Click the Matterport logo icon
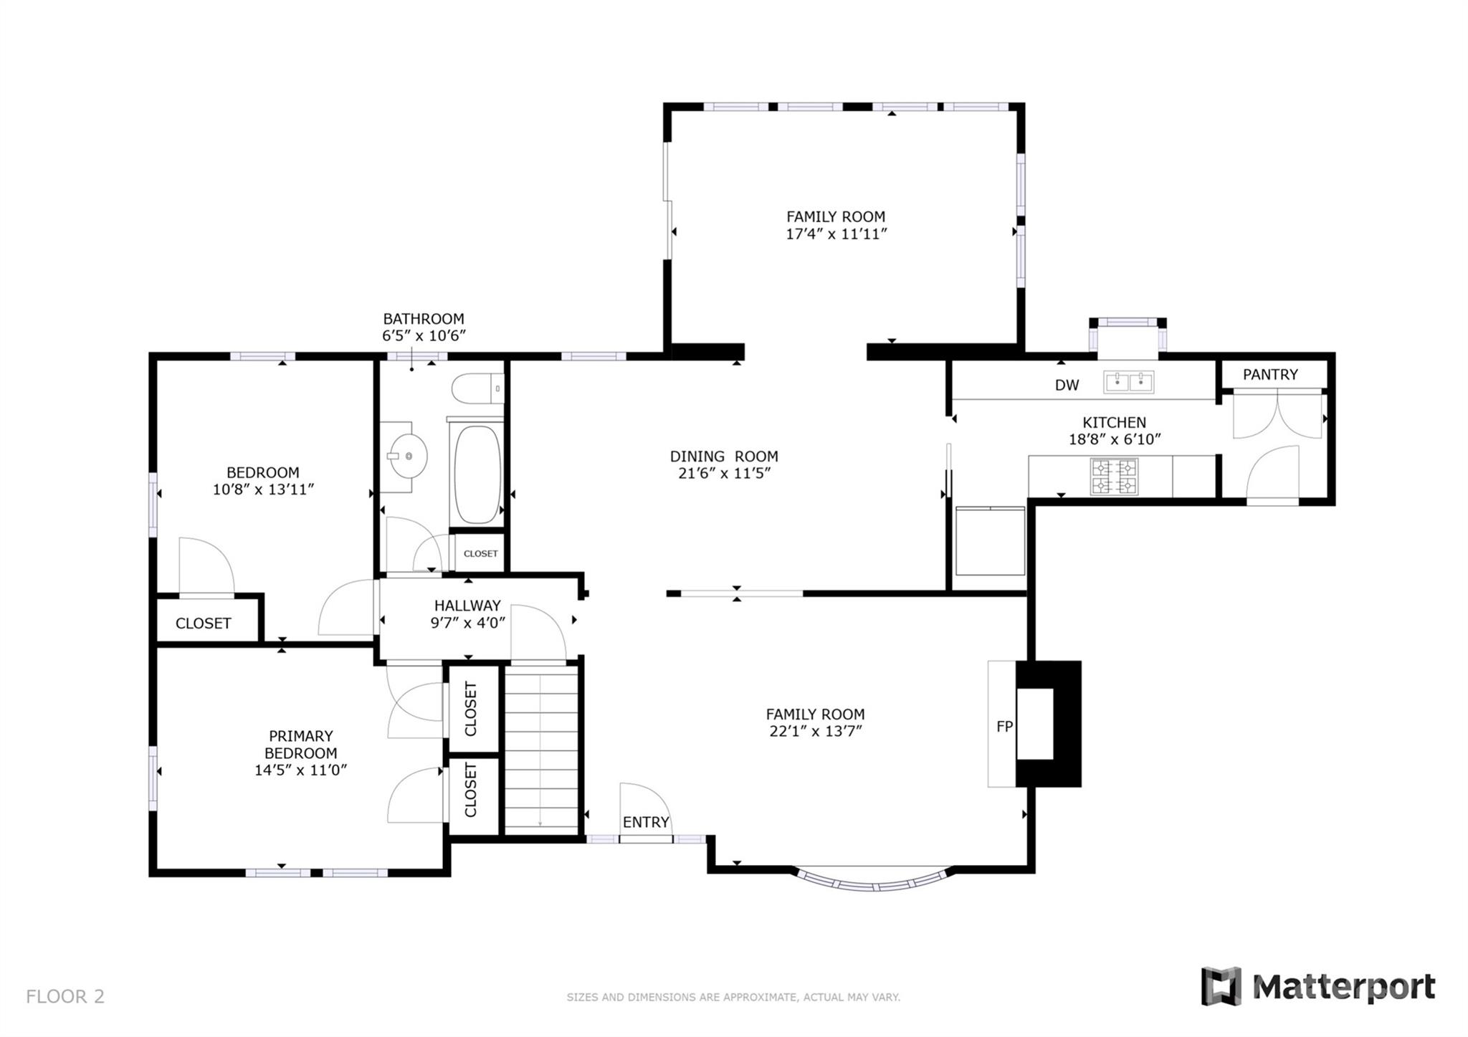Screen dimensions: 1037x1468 1221,986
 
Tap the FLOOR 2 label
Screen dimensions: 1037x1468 65,996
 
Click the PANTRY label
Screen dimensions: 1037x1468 1270,374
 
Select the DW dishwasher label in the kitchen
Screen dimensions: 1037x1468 1067,386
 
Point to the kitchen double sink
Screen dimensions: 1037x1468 1129,382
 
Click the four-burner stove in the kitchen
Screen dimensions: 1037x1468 1114,477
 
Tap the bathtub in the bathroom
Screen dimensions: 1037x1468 477,474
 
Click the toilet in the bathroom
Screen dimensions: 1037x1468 477,388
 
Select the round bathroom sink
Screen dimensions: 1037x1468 407,456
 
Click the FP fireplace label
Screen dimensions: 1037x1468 1004,727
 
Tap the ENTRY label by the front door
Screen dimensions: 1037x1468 646,822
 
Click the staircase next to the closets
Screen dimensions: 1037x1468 541,749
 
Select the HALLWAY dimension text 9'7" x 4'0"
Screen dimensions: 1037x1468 467,623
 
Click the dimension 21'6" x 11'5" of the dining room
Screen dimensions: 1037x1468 724,473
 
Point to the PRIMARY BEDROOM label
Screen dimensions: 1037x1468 300,745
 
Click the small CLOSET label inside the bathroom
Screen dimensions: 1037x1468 480,553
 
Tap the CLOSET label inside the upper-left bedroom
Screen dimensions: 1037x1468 204,623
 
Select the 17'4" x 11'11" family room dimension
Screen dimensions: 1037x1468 837,234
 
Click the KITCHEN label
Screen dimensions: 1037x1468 1114,422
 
